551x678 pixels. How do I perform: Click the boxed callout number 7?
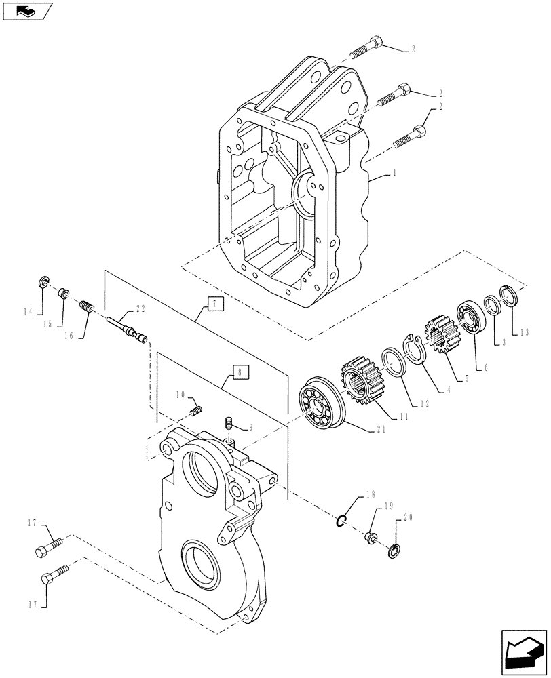tap(213, 304)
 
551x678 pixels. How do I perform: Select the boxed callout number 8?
tap(240, 371)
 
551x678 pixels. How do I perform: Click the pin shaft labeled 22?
tap(126, 327)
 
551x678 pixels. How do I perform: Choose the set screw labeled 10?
tap(196, 410)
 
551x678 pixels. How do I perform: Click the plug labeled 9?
tap(229, 426)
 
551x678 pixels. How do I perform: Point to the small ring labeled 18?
tap(343, 520)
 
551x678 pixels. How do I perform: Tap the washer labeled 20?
tap(394, 549)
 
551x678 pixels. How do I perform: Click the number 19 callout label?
tap(389, 506)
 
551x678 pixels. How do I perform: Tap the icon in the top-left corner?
tap(26, 10)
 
